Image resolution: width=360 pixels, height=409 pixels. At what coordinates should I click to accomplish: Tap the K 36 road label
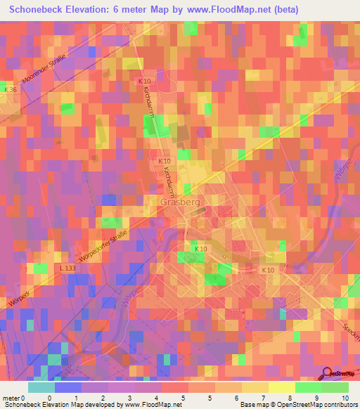10,90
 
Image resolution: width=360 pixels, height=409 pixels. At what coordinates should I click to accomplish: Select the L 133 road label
67,269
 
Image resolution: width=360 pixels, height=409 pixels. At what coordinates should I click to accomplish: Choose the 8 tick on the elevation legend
269,397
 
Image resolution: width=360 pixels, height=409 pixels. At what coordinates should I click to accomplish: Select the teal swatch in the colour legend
41,387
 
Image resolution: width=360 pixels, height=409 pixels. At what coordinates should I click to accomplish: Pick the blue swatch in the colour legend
68,387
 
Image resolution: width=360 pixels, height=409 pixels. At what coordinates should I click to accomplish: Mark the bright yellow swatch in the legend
281,387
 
